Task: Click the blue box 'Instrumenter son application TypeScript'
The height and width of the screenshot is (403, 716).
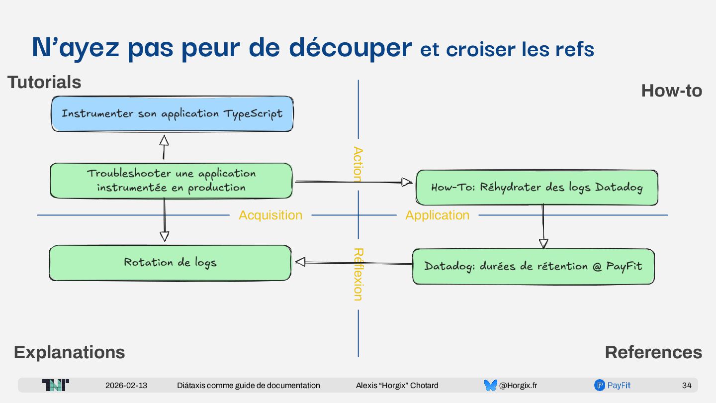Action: [172, 114]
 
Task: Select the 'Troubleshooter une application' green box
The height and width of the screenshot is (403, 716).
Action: [171, 181]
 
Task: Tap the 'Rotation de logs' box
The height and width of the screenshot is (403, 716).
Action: [170, 263]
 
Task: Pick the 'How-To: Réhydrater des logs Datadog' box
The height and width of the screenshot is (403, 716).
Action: [537, 188]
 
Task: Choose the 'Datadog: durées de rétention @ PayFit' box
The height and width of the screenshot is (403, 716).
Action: [533, 266]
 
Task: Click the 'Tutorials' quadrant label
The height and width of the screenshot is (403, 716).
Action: [44, 82]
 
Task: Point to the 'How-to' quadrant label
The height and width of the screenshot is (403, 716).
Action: [671, 91]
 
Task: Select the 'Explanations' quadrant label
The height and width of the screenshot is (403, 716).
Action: [69, 352]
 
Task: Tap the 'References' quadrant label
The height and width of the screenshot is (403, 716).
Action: [653, 352]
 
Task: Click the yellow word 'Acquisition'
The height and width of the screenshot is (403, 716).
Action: [270, 215]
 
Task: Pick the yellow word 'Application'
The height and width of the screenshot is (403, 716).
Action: [437, 215]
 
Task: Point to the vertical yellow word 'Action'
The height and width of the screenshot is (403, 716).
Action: [358, 164]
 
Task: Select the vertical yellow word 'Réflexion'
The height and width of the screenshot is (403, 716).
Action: [358, 274]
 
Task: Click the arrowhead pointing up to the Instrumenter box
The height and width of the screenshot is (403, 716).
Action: [164, 140]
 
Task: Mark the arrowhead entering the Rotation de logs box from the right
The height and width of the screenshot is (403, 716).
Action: [300, 262]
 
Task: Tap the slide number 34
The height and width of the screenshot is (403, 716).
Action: [686, 386]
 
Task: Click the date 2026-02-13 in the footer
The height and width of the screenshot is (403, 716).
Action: [126, 386]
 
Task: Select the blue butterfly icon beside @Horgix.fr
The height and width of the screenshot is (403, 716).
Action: [490, 385]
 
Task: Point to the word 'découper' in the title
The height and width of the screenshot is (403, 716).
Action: [350, 48]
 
